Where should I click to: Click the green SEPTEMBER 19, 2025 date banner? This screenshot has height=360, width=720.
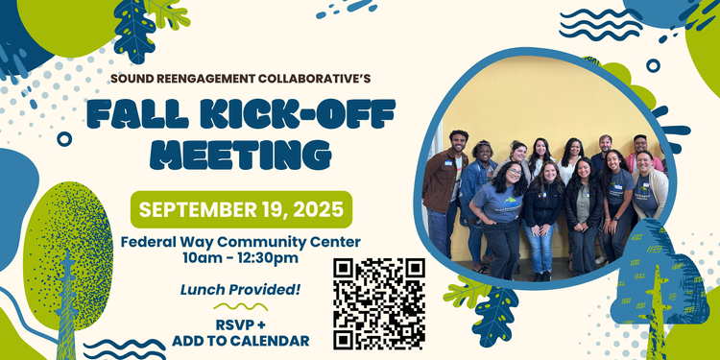[x=241, y=209]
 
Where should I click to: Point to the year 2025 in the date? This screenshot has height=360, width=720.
[x=319, y=209]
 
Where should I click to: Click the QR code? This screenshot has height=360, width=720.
[x=379, y=303]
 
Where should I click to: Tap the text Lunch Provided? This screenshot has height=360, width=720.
[x=241, y=289]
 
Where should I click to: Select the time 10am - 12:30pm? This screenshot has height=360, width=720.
[x=241, y=258]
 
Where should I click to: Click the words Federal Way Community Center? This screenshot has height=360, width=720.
[x=241, y=241]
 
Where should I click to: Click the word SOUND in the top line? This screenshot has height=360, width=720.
[x=134, y=78]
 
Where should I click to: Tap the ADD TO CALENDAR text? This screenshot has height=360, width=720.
[x=241, y=341]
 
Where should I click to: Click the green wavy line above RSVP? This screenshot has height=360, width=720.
[x=241, y=307]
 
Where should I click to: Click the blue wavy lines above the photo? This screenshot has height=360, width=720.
[x=601, y=24]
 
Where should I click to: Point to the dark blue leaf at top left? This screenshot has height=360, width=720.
[x=135, y=28]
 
